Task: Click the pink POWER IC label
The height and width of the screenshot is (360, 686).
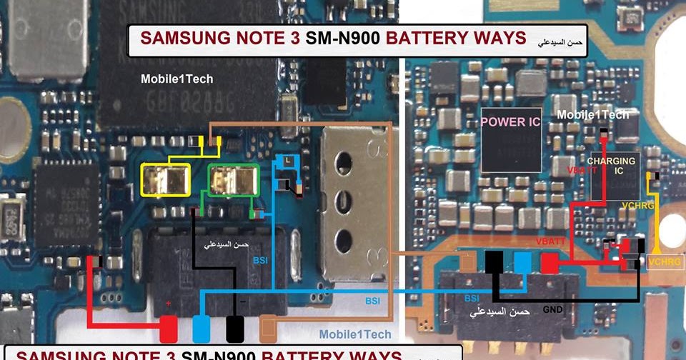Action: tap(511, 121)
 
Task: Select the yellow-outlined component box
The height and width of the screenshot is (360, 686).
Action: tap(166, 179)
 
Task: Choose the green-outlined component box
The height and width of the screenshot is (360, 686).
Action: tap(232, 179)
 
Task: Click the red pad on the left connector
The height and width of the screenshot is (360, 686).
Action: tap(168, 329)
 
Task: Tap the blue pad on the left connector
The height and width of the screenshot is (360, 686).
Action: tap(202, 329)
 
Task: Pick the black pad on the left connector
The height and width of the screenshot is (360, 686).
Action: tap(235, 329)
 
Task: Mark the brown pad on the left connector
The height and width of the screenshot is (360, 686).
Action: tap(269, 329)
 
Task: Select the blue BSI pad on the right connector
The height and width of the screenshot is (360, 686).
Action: tap(522, 262)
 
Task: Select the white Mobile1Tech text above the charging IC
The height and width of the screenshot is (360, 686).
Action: tap(592, 115)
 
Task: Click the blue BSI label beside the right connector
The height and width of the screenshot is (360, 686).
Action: tap(472, 298)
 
